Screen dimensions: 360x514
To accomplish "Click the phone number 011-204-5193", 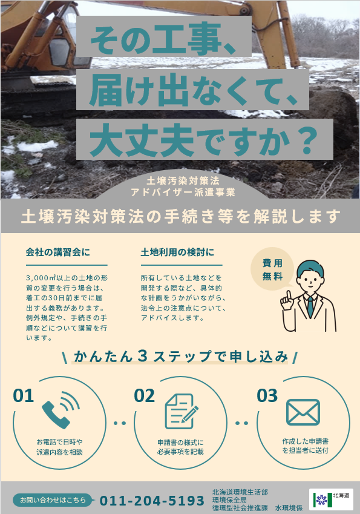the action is (152, 501).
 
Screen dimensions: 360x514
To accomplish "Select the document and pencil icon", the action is (182, 412).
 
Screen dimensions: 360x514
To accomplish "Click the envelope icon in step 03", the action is (303, 412).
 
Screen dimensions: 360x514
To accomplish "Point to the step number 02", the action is (144, 396).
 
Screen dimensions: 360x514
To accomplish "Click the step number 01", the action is (23, 396).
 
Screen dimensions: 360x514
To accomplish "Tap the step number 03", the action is (267, 396).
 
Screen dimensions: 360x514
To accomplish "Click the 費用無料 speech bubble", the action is (272, 269).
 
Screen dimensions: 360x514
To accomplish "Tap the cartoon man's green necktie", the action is (310, 307).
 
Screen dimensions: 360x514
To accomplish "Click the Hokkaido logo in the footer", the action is (331, 499).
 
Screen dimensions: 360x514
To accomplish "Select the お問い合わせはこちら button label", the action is (53, 500).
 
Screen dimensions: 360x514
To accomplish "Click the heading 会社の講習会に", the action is (57, 252).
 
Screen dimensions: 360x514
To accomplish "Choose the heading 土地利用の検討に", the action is (177, 252).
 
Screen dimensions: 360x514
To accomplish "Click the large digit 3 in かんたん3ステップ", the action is (143, 356).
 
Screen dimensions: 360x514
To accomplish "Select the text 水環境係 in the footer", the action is (289, 508).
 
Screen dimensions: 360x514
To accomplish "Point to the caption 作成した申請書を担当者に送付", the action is (306, 446).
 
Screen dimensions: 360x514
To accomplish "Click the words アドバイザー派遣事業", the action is (183, 192).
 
